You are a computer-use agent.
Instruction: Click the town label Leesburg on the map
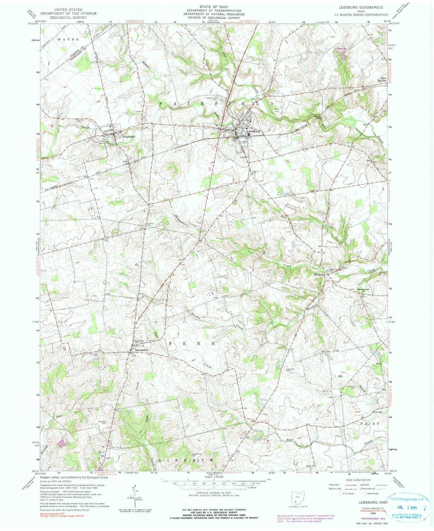(253, 131)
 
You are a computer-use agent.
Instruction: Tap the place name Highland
(129, 137)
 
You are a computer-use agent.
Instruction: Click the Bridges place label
(319, 275)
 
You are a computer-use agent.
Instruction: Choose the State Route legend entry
(371, 493)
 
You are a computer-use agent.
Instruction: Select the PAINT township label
(370, 423)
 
